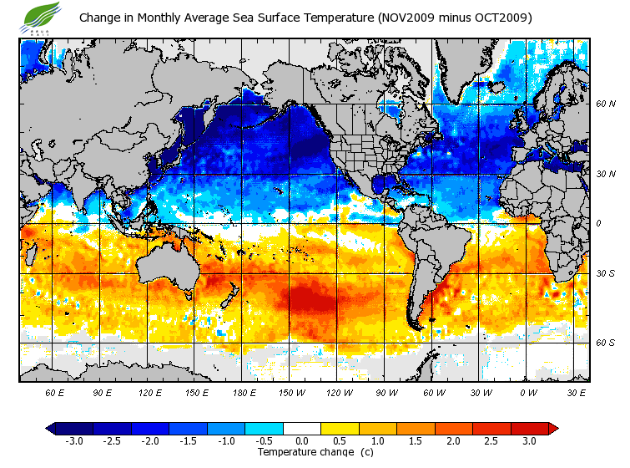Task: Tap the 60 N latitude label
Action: (605, 104)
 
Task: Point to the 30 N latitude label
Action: (605, 174)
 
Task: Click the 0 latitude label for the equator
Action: (598, 223)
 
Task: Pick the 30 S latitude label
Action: (605, 274)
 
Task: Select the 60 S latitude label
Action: (605, 343)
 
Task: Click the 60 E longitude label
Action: (55, 392)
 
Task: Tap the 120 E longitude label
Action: (151, 392)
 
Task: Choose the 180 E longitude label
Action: (244, 392)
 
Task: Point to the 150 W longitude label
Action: (291, 392)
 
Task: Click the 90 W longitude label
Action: (386, 392)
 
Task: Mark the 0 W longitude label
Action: (528, 392)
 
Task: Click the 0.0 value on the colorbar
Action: (302, 440)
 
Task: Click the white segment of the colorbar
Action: (302, 429)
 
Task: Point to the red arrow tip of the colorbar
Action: (554, 429)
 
